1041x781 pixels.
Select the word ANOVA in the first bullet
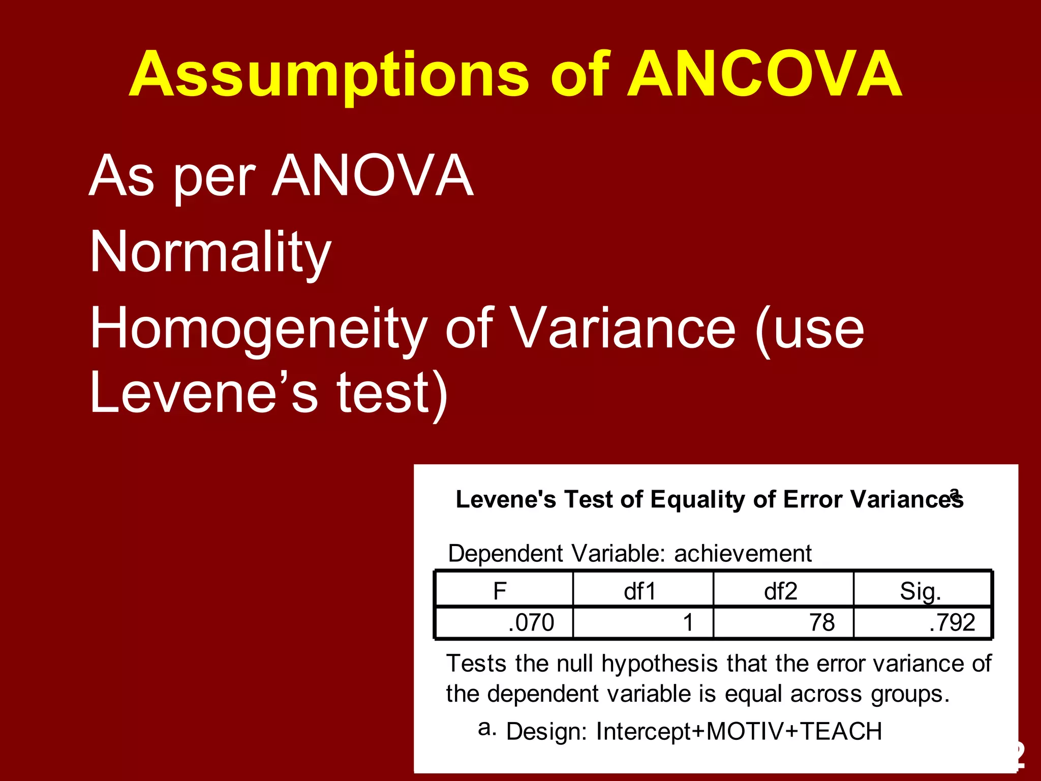373,176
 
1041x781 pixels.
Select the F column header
500,591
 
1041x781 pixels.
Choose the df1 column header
640,591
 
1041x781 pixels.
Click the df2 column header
780,591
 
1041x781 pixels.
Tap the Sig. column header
921,591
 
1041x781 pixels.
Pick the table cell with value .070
531,622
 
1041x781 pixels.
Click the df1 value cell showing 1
688,622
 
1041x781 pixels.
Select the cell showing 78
822,622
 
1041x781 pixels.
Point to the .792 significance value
952,622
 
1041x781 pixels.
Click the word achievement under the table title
743,553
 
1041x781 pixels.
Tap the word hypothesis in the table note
660,664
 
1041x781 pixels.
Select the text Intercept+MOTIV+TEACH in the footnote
739,731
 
